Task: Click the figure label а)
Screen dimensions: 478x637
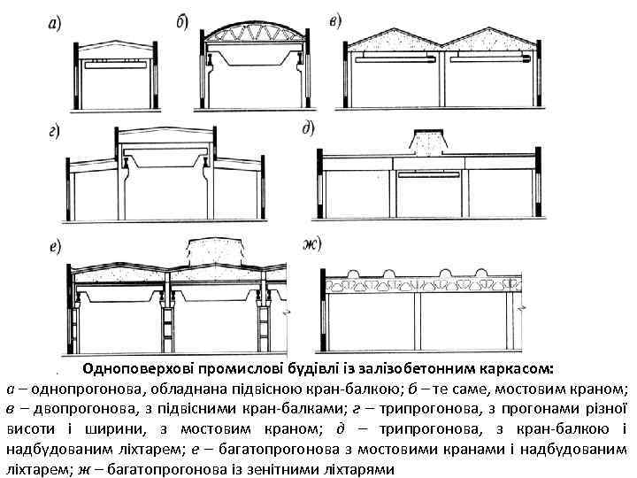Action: coord(54,24)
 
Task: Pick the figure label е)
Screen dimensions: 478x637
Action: coord(54,244)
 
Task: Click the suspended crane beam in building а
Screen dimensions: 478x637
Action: coord(115,66)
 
